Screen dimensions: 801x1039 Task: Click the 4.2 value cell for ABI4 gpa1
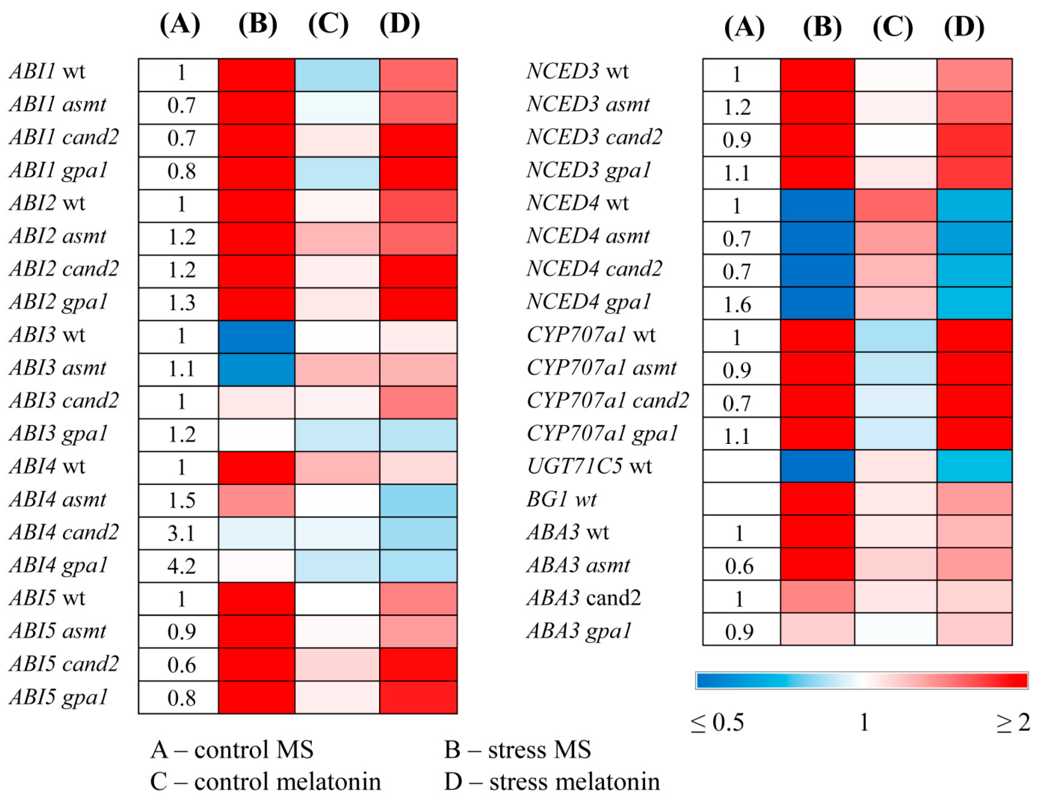(x=181, y=566)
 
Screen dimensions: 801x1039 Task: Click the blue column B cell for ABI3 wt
(x=256, y=336)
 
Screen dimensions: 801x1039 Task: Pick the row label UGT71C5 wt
(x=589, y=466)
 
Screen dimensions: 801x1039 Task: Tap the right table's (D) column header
(x=964, y=27)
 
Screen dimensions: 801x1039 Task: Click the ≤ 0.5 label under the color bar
(x=717, y=722)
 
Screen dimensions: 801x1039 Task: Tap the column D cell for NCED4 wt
(x=974, y=205)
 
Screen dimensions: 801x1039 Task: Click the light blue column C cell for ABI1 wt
(x=337, y=75)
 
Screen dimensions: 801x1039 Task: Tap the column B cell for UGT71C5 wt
(x=817, y=466)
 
